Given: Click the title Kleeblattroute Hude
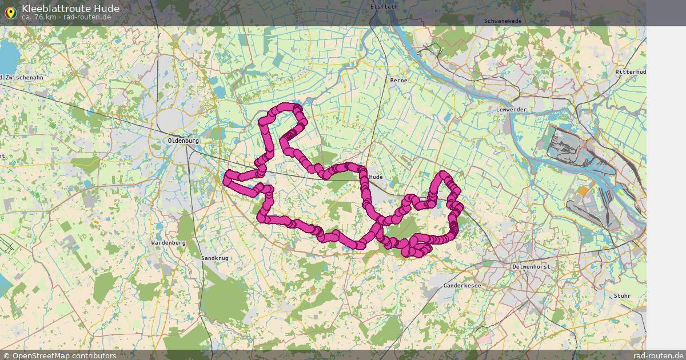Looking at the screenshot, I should [70, 9].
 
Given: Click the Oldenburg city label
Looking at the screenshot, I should [183, 141].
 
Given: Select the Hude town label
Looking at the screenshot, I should [376, 177].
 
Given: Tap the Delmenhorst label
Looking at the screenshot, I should [531, 267].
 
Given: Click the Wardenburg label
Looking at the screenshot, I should [168, 243].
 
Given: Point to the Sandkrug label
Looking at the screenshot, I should [215, 258].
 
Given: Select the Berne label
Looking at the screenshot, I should [398, 81].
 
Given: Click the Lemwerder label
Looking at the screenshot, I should [511, 109].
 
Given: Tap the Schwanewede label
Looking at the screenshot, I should [502, 21].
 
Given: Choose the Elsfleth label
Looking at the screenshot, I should [383, 7].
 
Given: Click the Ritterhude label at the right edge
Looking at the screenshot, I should [631, 72].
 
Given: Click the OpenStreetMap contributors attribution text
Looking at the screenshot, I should [64, 355].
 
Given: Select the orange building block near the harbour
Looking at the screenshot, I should [583, 191].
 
